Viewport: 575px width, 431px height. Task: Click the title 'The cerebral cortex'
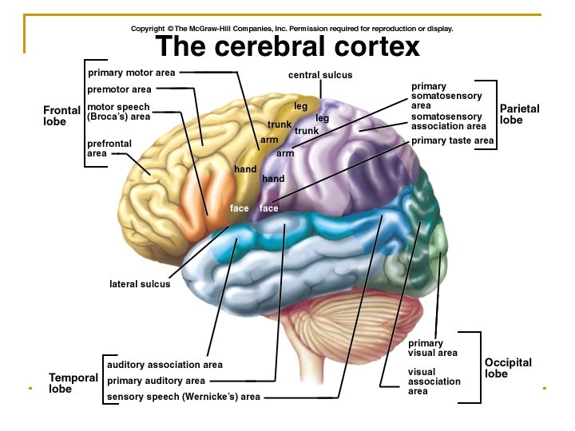(287, 47)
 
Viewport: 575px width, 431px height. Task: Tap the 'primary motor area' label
(131, 73)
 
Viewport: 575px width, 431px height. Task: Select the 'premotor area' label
(120, 89)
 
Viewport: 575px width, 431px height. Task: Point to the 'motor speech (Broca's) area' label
(118, 111)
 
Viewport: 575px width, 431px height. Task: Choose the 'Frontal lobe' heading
(61, 116)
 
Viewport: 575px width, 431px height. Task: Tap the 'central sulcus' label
(320, 75)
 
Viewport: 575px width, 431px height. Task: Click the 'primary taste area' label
(453, 141)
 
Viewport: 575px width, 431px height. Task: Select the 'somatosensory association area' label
(448, 121)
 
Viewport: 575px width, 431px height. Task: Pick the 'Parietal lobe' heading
(519, 114)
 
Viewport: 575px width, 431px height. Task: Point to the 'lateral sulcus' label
(140, 284)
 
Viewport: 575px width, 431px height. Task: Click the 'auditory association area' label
(165, 365)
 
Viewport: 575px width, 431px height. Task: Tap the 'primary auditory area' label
(156, 381)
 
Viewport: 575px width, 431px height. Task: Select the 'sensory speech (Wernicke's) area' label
(183, 397)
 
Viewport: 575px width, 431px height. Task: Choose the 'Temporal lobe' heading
(73, 383)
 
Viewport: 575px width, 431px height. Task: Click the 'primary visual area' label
(432, 348)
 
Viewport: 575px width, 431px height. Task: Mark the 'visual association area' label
(434, 382)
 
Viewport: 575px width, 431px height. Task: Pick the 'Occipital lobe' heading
(508, 368)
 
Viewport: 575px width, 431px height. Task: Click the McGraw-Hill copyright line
(292, 29)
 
